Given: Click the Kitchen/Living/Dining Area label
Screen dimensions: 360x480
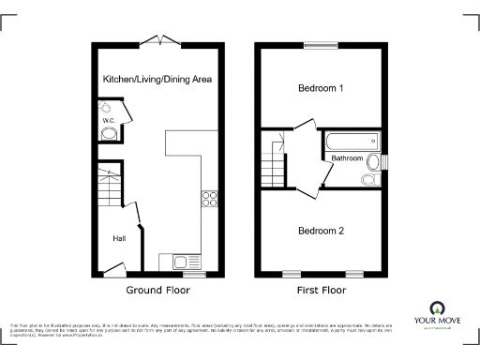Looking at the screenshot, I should click(157, 80).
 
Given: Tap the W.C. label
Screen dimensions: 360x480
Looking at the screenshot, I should click(108, 121).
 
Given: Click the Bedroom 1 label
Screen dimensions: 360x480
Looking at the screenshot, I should click(321, 89).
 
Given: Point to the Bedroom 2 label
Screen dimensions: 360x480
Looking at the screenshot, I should click(321, 231).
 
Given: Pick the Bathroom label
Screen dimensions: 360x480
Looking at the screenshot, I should click(347, 158).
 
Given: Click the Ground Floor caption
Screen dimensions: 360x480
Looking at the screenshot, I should click(157, 291).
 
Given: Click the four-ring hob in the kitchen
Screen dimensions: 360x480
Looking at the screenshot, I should click(210, 199).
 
